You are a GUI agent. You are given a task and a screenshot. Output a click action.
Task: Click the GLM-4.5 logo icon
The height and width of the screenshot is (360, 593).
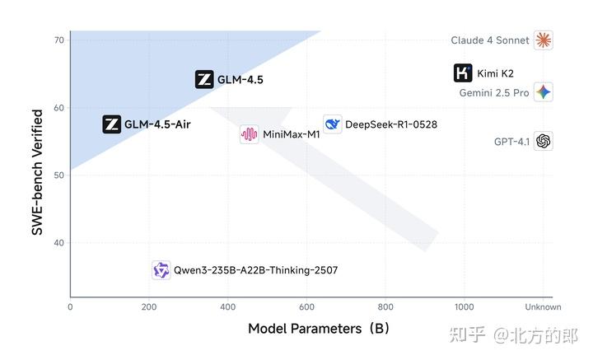pyautogui.click(x=204, y=80)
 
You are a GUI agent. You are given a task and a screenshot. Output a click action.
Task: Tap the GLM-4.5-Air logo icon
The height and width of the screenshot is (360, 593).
pyautogui.click(x=111, y=124)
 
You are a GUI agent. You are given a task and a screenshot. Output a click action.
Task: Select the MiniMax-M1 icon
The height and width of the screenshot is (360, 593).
pyautogui.click(x=250, y=134)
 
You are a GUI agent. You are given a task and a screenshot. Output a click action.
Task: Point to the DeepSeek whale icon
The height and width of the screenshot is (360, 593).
pyautogui.click(x=333, y=124)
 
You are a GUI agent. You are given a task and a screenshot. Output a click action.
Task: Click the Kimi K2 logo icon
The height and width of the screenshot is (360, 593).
pyautogui.click(x=464, y=73)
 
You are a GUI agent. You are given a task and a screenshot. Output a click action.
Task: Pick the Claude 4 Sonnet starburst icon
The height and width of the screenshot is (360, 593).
pyautogui.click(x=543, y=40)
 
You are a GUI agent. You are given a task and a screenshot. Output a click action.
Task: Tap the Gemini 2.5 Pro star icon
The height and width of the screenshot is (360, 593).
pyautogui.click(x=543, y=92)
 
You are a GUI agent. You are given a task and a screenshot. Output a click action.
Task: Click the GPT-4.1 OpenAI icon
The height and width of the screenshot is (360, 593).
pyautogui.click(x=543, y=141)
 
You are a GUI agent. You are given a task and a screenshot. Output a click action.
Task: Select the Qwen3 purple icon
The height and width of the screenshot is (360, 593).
pyautogui.click(x=161, y=270)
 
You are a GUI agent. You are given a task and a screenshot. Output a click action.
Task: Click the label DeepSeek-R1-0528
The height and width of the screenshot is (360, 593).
pyautogui.click(x=391, y=125)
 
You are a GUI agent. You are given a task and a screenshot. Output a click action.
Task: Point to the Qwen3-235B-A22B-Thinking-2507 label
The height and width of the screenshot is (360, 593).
pyautogui.click(x=255, y=270)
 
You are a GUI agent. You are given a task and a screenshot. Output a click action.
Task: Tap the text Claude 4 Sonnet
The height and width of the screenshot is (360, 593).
pyautogui.click(x=490, y=40)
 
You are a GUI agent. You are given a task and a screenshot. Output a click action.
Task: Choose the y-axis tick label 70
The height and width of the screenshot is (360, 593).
pyautogui.click(x=59, y=40)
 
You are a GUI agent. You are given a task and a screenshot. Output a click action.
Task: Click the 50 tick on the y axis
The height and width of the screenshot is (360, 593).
pyautogui.click(x=59, y=175)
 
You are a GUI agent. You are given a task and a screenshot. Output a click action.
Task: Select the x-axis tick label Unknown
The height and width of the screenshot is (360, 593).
pyautogui.click(x=543, y=307)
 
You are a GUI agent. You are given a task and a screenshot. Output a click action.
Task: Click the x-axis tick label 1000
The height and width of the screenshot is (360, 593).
pyautogui.click(x=464, y=307)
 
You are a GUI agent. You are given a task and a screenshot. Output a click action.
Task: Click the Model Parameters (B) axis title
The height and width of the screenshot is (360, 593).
pyautogui.click(x=319, y=329)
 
